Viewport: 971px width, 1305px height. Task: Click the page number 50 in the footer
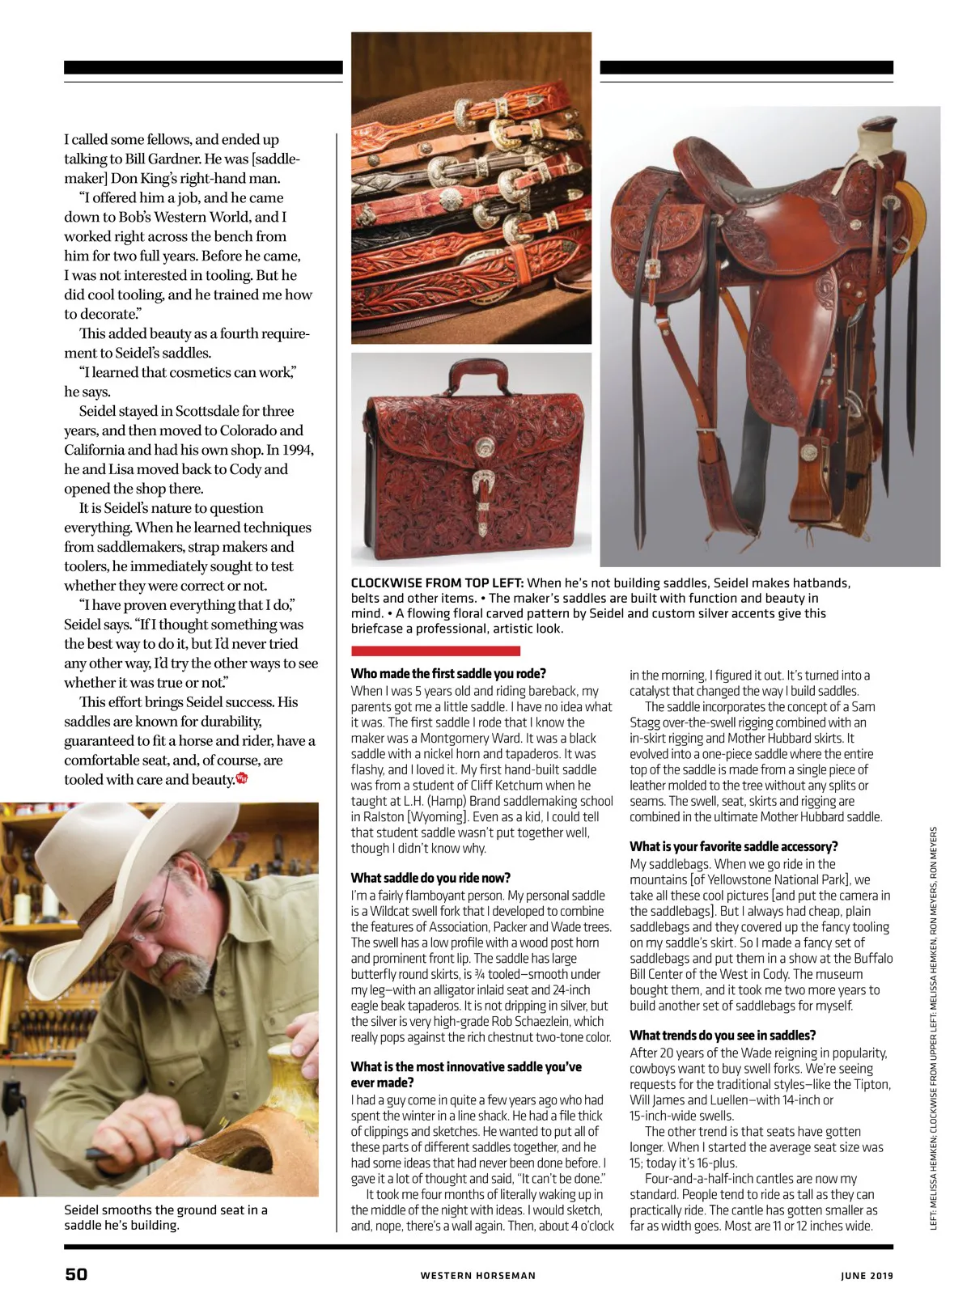click(x=76, y=1274)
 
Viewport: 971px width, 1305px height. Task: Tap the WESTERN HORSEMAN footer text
click(x=477, y=1276)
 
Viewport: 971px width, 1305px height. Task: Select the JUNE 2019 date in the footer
click(x=867, y=1276)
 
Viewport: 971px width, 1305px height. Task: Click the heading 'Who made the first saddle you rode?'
click(x=448, y=673)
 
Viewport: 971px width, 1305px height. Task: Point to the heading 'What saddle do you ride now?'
click(x=430, y=878)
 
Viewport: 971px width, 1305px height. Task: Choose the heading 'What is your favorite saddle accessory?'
click(x=733, y=846)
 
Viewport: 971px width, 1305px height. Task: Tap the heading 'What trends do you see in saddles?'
click(x=723, y=1036)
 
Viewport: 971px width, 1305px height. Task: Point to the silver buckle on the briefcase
click(x=485, y=484)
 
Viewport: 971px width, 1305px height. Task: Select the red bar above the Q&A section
click(x=435, y=650)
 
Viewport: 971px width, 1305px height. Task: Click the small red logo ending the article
click(x=241, y=779)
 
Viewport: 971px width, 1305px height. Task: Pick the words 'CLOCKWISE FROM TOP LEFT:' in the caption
click(x=437, y=583)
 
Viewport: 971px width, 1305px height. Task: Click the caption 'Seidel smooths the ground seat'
click(x=165, y=1210)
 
